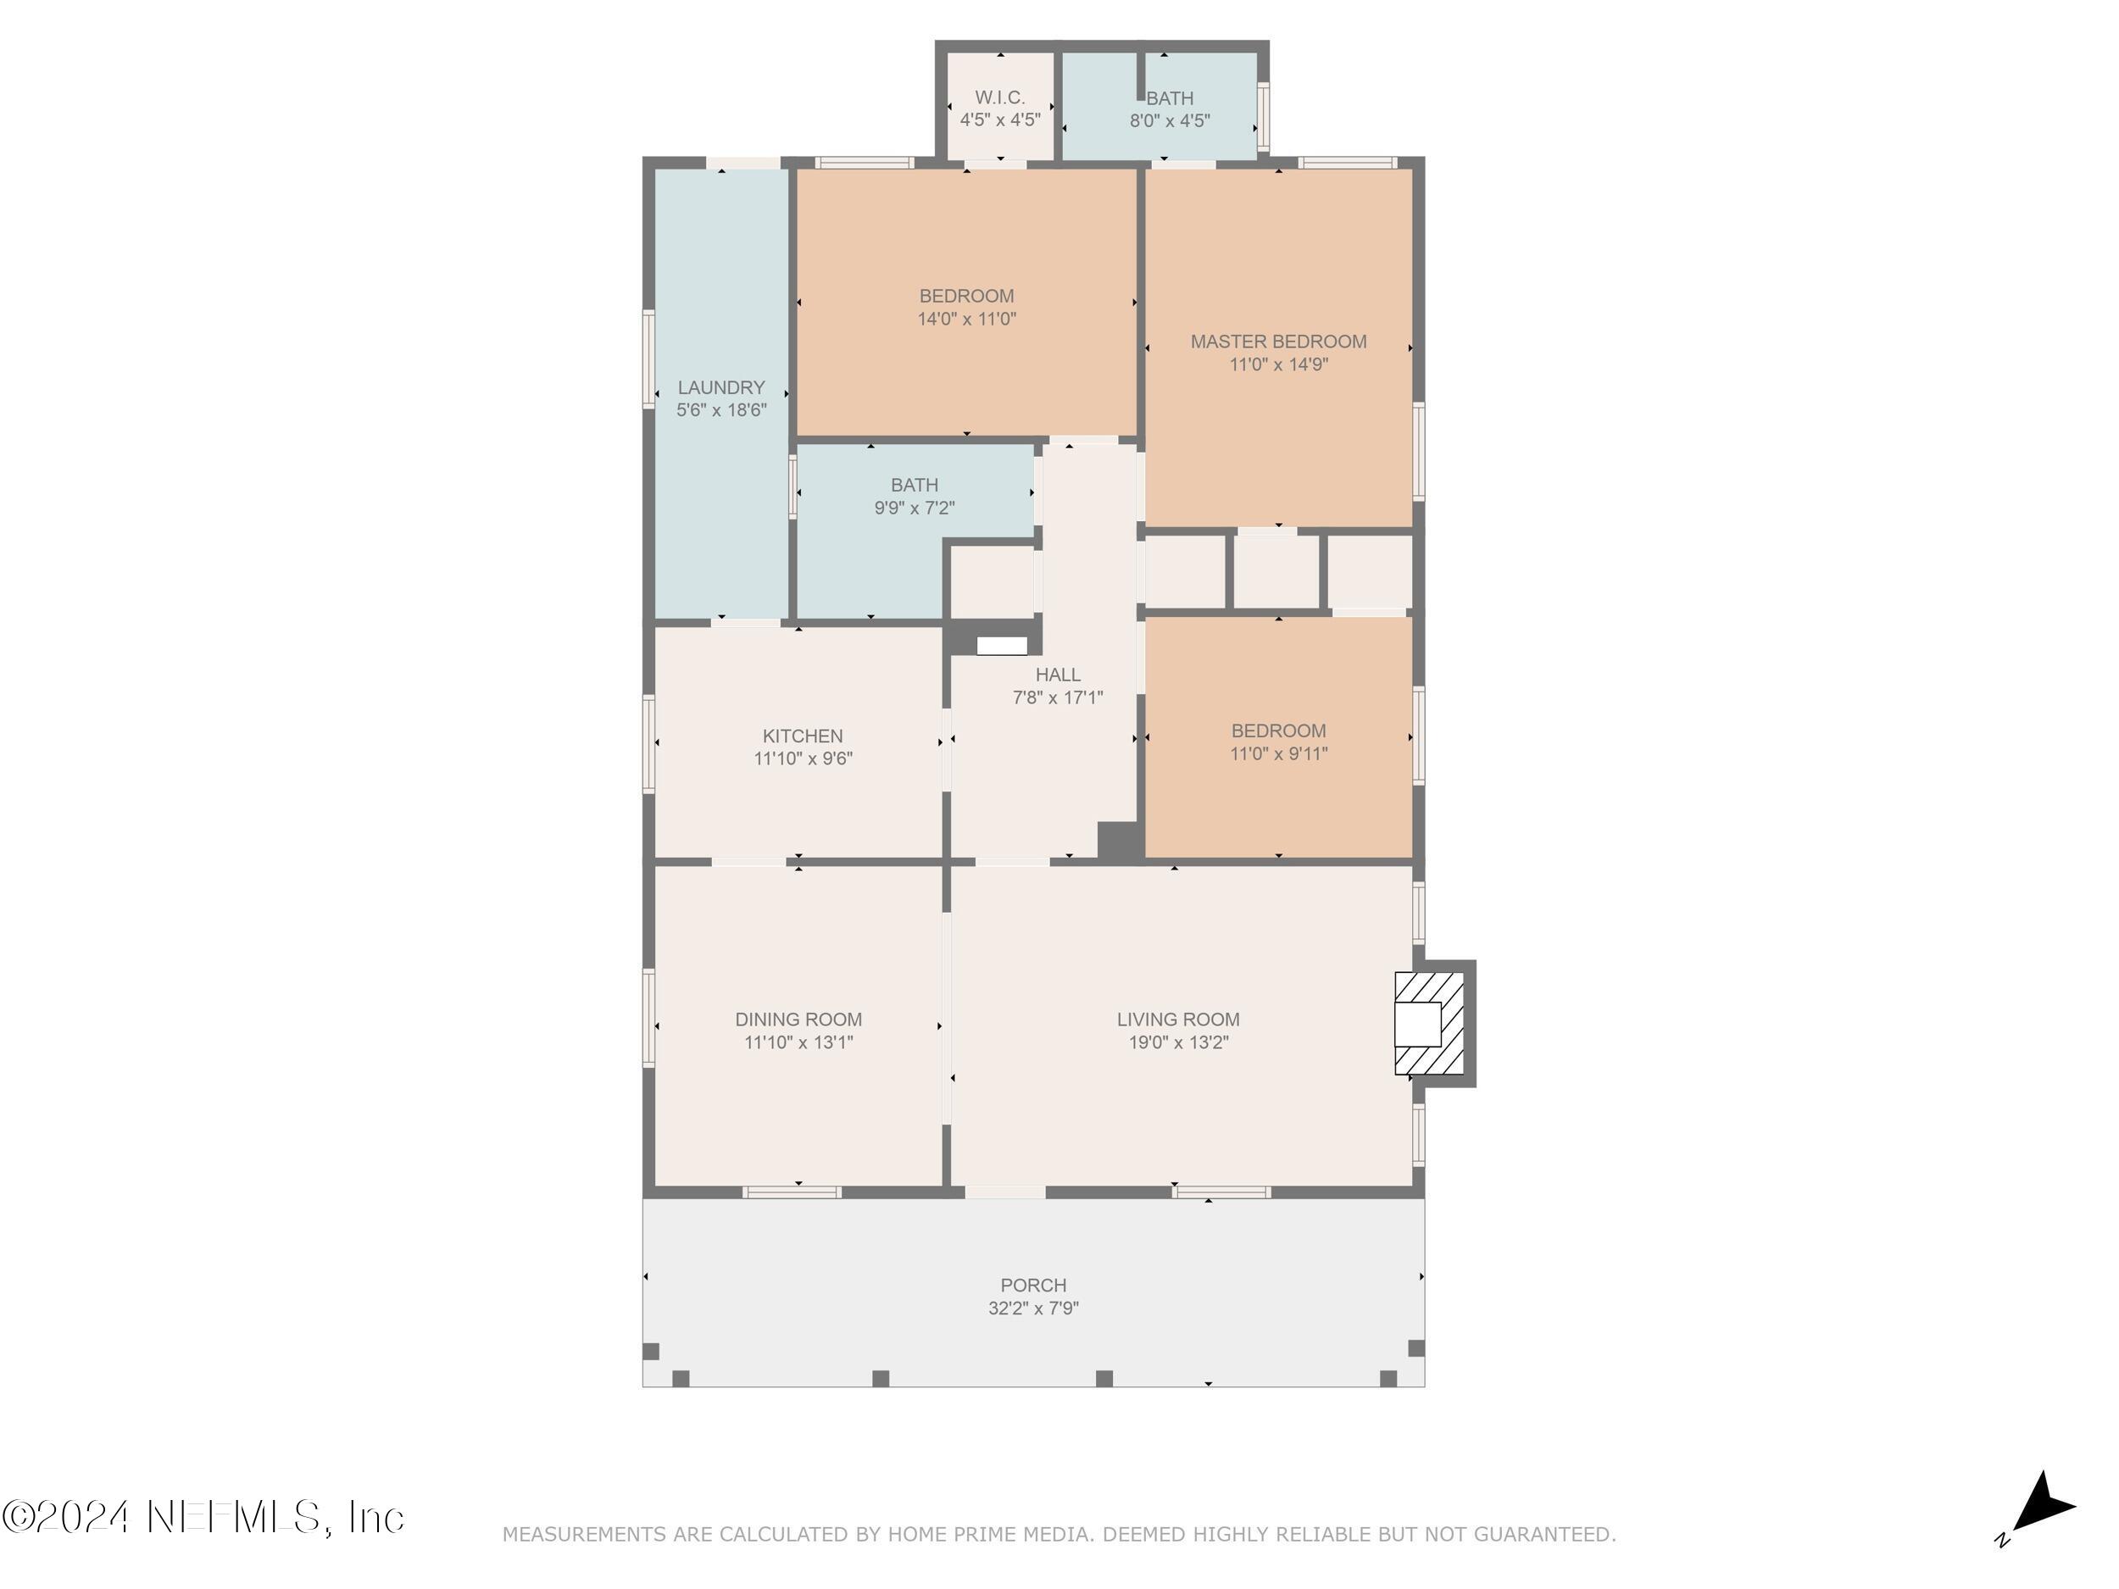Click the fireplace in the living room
click(1429, 1023)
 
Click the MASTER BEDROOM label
click(1279, 341)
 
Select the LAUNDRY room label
click(721, 387)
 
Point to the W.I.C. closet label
click(1000, 97)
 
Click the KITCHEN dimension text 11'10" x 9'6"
click(803, 758)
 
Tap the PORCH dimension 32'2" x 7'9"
click(1033, 1308)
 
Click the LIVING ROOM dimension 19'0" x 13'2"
click(1178, 1042)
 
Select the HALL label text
click(1058, 675)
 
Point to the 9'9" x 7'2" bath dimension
click(914, 508)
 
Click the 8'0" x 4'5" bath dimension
click(1170, 120)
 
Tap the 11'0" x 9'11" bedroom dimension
click(1279, 753)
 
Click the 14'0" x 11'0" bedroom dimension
click(966, 319)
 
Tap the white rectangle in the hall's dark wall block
click(1002, 646)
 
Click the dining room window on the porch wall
click(793, 1192)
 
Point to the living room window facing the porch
click(1221, 1192)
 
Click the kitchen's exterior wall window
click(648, 744)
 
